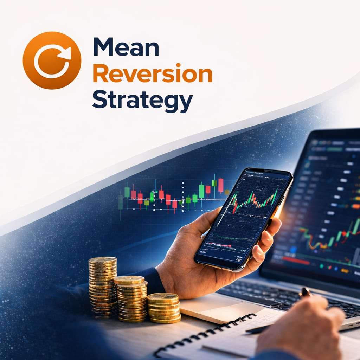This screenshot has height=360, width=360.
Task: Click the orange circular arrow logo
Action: click(x=52, y=60)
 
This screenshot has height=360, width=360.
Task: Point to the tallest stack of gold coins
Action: click(x=102, y=287)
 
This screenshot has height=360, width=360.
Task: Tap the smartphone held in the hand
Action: click(x=243, y=218)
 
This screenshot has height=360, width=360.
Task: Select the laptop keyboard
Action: click(x=281, y=299)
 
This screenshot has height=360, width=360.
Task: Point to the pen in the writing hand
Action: click(x=304, y=292)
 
